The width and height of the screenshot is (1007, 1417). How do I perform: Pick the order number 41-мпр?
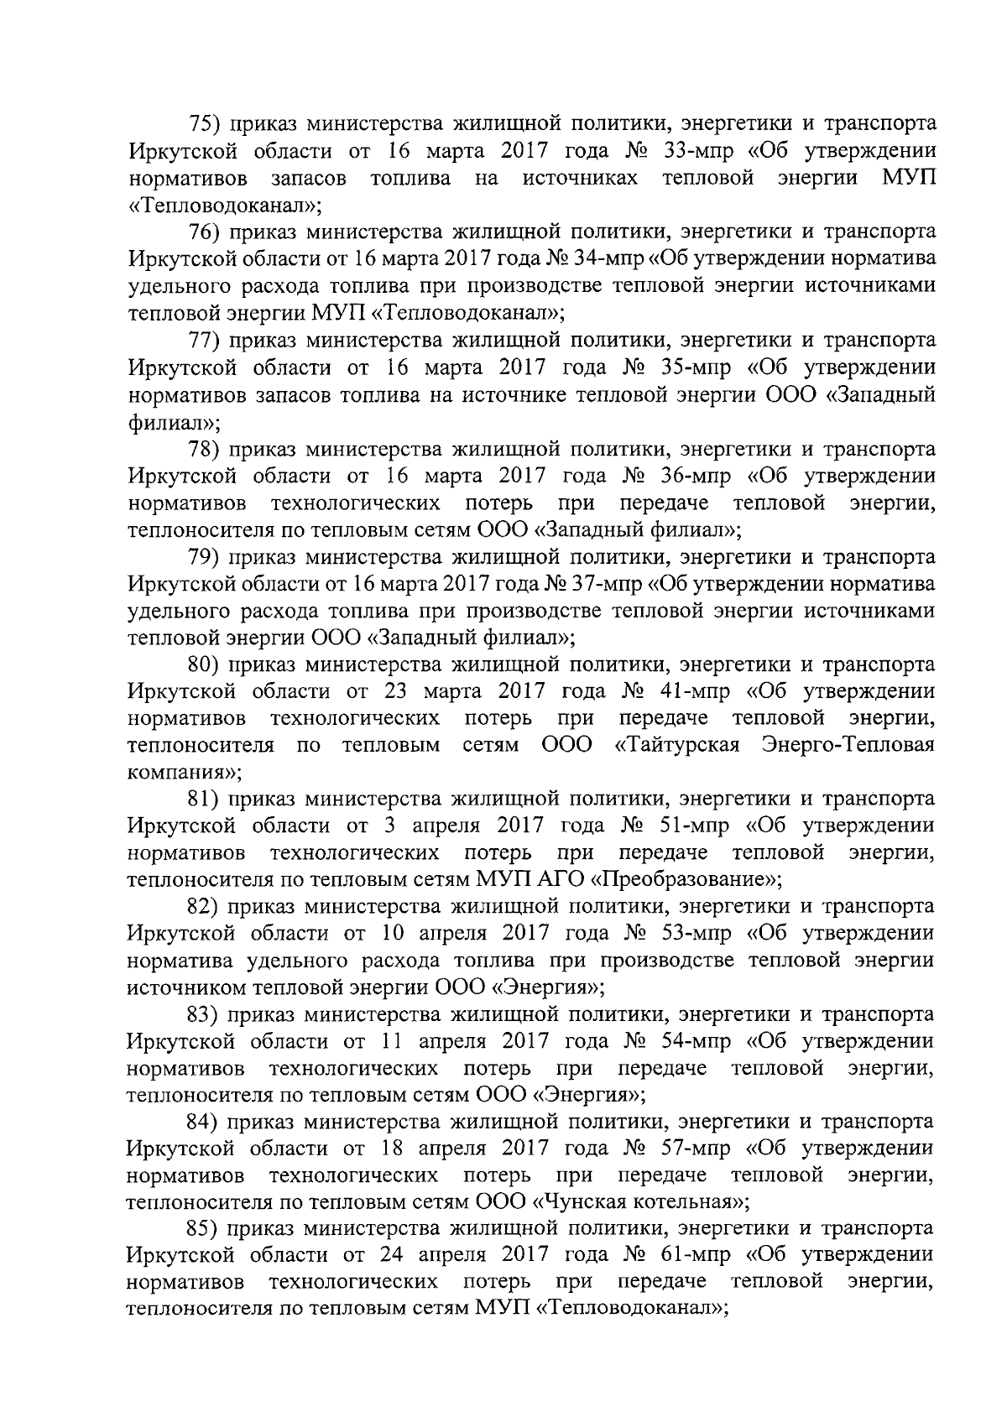coord(695,692)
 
